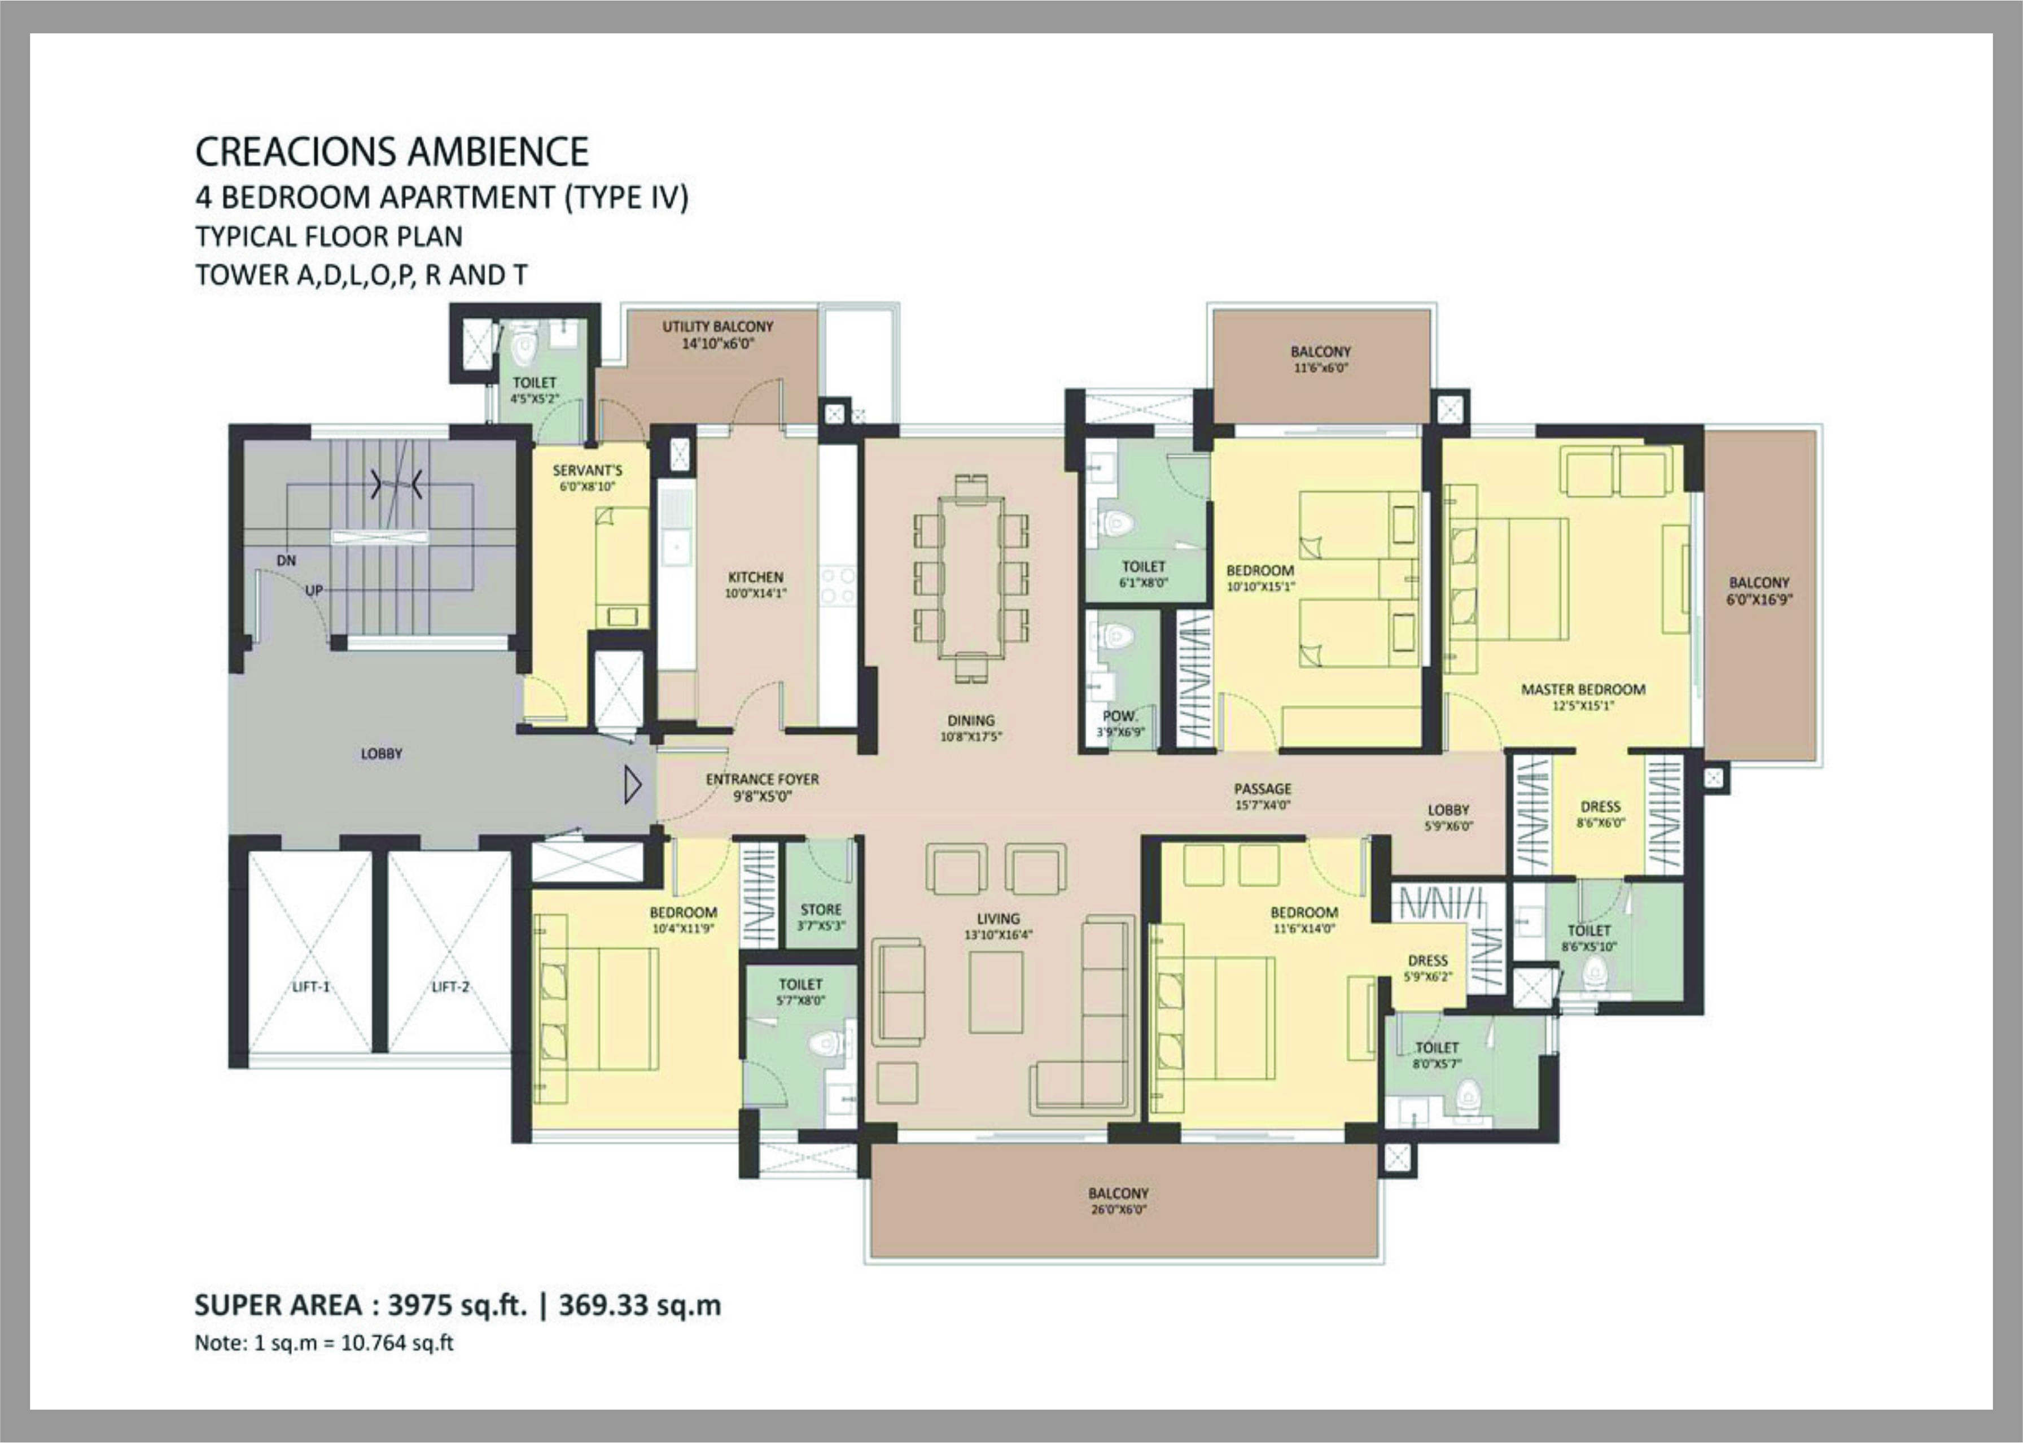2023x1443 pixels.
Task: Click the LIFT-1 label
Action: pyautogui.click(x=311, y=986)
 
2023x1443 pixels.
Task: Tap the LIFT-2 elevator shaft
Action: pyautogui.click(x=449, y=951)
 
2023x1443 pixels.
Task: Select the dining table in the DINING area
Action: pyautogui.click(x=971, y=578)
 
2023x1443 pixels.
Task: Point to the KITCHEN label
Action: pyautogui.click(x=755, y=576)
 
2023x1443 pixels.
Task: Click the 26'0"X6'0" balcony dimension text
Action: pyautogui.click(x=1117, y=1209)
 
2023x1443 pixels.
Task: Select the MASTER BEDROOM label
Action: pyautogui.click(x=1582, y=689)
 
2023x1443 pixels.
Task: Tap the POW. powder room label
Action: pyautogui.click(x=1119, y=715)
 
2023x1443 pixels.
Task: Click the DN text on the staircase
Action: pyautogui.click(x=286, y=561)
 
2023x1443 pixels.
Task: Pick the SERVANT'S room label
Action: pyautogui.click(x=587, y=470)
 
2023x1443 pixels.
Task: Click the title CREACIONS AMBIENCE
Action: pyautogui.click(x=392, y=152)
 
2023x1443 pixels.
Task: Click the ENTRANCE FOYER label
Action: pyautogui.click(x=761, y=779)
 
